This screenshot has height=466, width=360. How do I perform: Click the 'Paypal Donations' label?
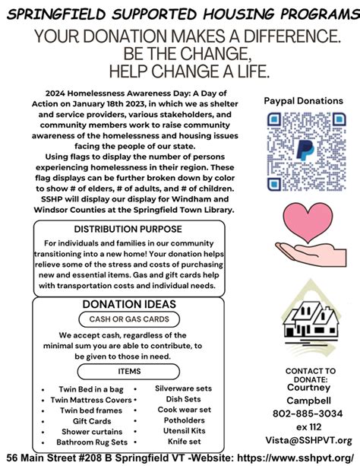pyautogui.click(x=304, y=101)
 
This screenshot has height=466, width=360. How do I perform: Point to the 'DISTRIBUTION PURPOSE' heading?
pyautogui.click(x=128, y=229)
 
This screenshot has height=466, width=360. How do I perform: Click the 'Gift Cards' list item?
pyautogui.click(x=92, y=421)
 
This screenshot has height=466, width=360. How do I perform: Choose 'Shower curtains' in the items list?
pyautogui.click(x=92, y=432)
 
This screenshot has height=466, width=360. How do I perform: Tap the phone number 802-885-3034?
pyautogui.click(x=306, y=413)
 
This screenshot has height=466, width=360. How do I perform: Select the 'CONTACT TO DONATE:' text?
pyautogui.click(x=306, y=375)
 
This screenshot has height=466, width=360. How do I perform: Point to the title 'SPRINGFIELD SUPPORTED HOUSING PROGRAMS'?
pyautogui.click(x=180, y=14)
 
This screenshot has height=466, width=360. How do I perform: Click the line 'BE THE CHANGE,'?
pyautogui.click(x=180, y=54)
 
